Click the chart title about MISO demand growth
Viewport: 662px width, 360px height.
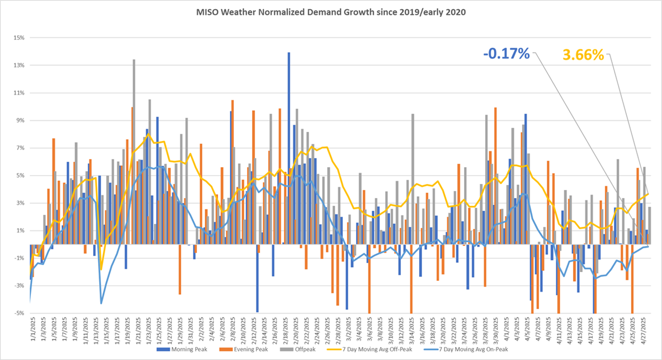331,13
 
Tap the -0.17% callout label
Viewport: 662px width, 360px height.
507,54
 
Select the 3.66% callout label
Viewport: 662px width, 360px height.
583,55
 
